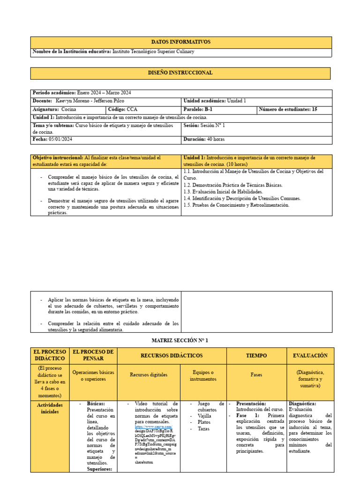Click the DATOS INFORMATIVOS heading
tap(181, 42)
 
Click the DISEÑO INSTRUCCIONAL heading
tap(181, 73)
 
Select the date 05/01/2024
tap(60, 140)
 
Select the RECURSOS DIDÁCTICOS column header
tap(172, 356)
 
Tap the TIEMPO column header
tap(256, 356)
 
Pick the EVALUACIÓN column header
tap(310, 356)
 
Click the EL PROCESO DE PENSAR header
tap(93, 356)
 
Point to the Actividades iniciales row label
tap(51, 408)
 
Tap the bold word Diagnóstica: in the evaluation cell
tap(302, 403)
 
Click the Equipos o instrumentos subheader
tap(204, 375)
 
